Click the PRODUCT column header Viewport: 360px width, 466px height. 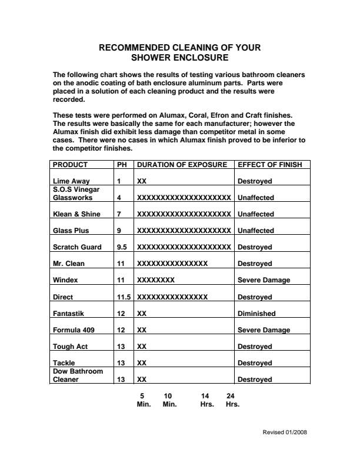click(x=71, y=165)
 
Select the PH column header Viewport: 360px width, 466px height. click(x=122, y=165)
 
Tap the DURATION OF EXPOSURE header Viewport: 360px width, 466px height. click(x=182, y=165)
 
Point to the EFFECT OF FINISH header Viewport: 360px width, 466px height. click(x=269, y=165)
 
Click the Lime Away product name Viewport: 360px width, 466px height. click(x=71, y=181)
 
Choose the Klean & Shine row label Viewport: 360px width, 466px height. click(x=76, y=214)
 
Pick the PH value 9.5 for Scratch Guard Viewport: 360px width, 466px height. click(x=122, y=247)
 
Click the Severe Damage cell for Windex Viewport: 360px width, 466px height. click(x=264, y=280)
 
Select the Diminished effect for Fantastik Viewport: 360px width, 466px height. click(x=256, y=314)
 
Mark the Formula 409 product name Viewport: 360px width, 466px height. click(x=75, y=330)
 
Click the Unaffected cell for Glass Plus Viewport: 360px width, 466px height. click(x=255, y=231)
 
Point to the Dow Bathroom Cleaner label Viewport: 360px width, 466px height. click(x=78, y=375)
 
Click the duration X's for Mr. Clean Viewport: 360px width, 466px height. click(x=172, y=264)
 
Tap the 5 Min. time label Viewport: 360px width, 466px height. click(x=144, y=400)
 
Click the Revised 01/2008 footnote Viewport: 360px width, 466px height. click(x=284, y=432)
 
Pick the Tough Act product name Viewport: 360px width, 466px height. click(x=70, y=347)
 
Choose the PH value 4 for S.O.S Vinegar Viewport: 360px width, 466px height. click(x=119, y=198)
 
